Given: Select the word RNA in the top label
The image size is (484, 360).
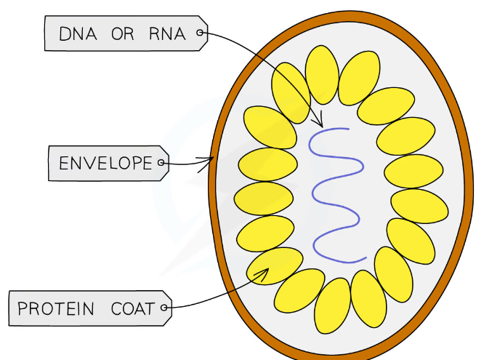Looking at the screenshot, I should tap(167, 33).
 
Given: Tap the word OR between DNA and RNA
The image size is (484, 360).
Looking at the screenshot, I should tap(123, 33).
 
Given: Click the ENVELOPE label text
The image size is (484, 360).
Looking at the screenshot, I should tap(105, 163).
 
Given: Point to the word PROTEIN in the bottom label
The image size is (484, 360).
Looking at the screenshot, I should tap(56, 308).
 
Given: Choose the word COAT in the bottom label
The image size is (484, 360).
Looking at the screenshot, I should tap(133, 308).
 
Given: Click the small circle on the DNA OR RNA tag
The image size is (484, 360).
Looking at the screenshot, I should tap(201, 32).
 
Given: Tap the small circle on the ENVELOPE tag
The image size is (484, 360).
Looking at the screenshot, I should tap(161, 163).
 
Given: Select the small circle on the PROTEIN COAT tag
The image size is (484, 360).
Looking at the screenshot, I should tap(165, 308).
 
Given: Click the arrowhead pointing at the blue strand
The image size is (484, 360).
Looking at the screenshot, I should tap(317, 123).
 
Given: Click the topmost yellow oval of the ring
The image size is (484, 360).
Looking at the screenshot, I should tap(322, 73).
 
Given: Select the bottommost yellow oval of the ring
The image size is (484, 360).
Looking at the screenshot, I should tap(334, 305).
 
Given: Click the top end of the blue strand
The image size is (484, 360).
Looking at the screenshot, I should tap(347, 129).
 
